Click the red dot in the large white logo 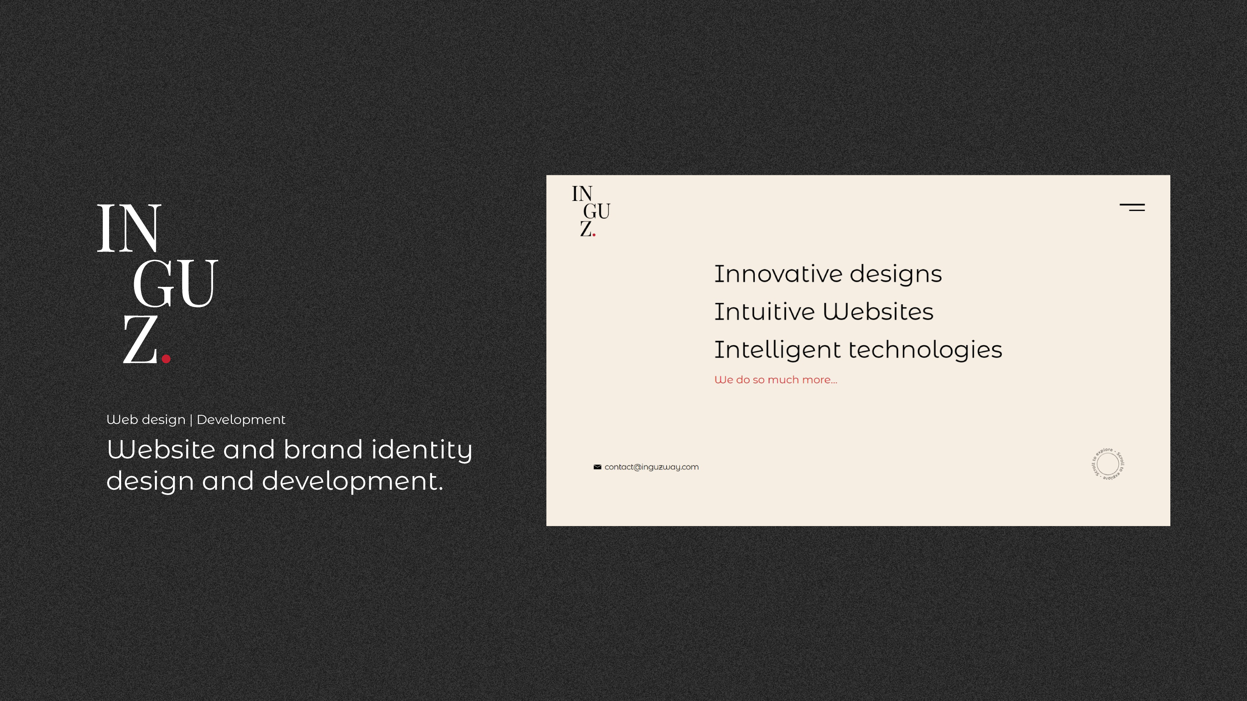tap(166, 359)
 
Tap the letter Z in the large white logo tap(140, 339)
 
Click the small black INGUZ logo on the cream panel tap(591, 211)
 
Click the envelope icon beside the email tap(598, 467)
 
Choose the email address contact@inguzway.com tap(651, 467)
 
